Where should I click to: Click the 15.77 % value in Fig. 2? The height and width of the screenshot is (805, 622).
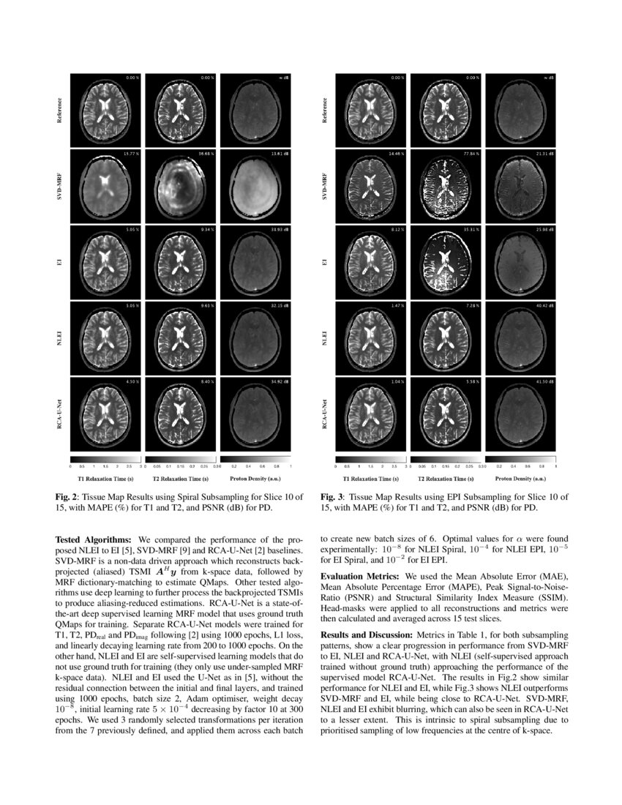click(132, 154)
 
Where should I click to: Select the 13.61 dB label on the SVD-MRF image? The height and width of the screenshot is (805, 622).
click(282, 154)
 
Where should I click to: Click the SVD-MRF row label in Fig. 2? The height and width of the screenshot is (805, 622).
click(59, 186)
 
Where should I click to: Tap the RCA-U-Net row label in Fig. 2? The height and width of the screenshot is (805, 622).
click(59, 413)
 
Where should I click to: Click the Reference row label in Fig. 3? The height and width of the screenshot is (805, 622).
click(325, 110)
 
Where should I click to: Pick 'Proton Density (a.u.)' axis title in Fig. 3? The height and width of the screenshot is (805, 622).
click(520, 478)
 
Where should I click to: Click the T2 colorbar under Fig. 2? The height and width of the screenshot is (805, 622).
click(182, 459)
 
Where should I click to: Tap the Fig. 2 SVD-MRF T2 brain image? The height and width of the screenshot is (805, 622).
click(182, 186)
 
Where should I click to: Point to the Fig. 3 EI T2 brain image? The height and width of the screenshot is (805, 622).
click(447, 261)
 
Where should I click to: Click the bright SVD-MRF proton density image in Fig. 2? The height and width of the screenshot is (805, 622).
click(257, 186)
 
